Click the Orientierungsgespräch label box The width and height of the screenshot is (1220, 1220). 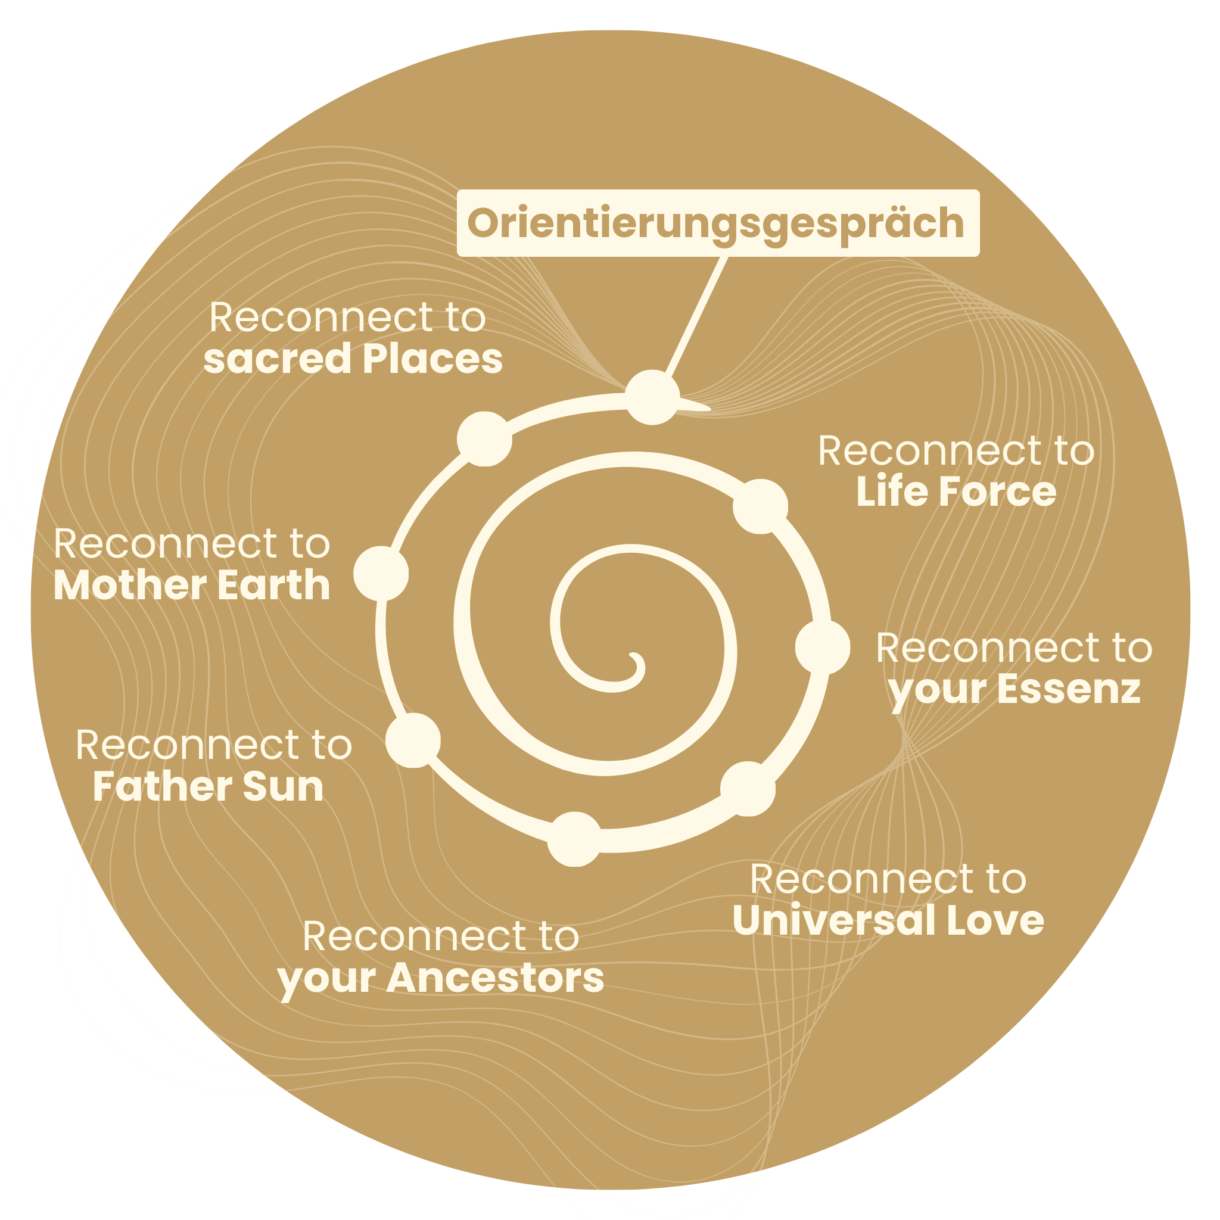[x=717, y=223]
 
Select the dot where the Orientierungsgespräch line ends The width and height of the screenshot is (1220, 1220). [x=653, y=397]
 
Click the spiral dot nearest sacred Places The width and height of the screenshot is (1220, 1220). [x=484, y=439]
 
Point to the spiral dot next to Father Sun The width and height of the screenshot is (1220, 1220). [x=413, y=740]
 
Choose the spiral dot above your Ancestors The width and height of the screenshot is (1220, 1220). [x=574, y=839]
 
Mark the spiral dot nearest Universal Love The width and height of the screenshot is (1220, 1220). [x=748, y=789]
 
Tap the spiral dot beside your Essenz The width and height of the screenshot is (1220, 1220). [x=822, y=646]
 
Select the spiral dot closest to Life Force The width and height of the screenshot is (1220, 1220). [x=760, y=506]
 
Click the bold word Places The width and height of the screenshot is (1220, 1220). [x=432, y=359]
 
